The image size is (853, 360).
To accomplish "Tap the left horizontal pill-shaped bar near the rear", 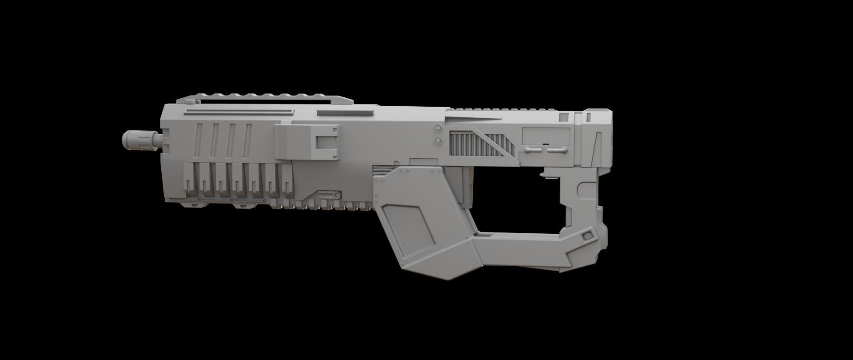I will (x=531, y=150).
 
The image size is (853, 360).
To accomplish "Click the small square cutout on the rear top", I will (x=564, y=117).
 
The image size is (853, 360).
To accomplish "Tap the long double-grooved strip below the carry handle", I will (x=239, y=112).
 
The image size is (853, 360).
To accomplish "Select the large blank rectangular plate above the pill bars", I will (x=546, y=135).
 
